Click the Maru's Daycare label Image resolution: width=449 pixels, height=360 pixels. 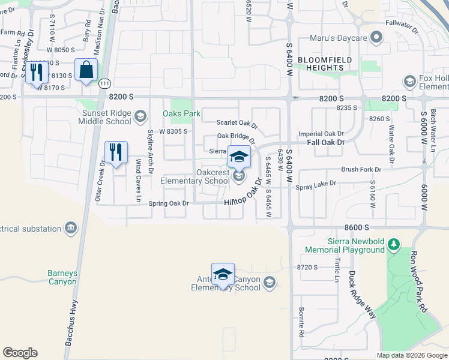click(x=337, y=38)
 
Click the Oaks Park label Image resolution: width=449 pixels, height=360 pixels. click(x=181, y=113)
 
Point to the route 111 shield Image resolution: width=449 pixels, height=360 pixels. click(x=106, y=83)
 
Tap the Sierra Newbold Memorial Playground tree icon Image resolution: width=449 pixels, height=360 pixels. click(x=394, y=244)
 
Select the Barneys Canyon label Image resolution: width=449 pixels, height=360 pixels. click(x=62, y=277)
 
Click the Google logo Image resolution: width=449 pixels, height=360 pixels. click(x=20, y=353)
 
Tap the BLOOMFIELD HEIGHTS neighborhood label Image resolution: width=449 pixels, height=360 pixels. click(x=321, y=64)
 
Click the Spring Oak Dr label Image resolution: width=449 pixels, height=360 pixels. click(x=169, y=203)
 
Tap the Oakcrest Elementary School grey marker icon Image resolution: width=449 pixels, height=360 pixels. click(x=239, y=176)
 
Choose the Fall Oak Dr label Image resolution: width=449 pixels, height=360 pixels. click(x=325, y=142)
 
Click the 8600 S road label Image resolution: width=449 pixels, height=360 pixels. click(x=356, y=228)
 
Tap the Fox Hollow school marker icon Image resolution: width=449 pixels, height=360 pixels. click(x=410, y=81)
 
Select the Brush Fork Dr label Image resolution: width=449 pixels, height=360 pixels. click(x=361, y=170)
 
